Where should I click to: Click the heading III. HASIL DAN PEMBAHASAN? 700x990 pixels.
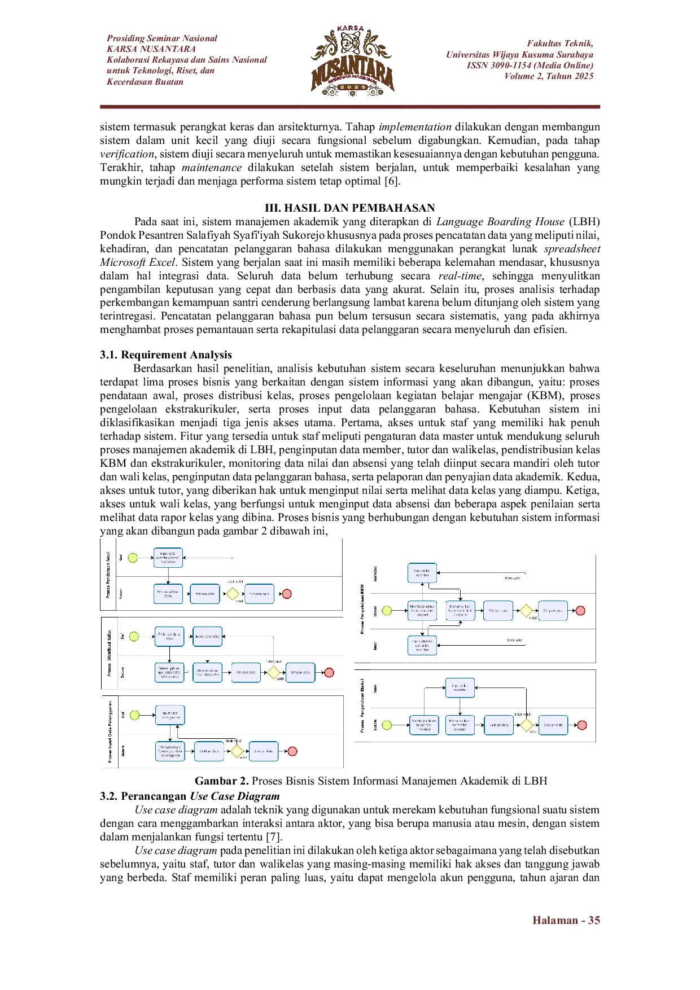click(x=350, y=208)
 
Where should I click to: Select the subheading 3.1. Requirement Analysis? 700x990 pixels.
click(x=166, y=354)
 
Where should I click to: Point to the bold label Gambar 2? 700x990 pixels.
click(x=222, y=781)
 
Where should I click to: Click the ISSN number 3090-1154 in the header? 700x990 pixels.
click(x=510, y=65)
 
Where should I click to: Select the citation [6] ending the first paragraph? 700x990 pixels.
click(x=392, y=181)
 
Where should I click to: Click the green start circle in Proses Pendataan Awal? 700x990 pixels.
click(x=133, y=558)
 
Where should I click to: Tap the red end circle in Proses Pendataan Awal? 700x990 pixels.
click(x=287, y=594)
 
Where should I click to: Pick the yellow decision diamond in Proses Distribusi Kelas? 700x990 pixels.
click(x=274, y=672)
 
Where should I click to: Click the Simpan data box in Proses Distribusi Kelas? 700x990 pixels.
click(x=300, y=672)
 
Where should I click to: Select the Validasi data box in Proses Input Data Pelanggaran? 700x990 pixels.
click(x=209, y=751)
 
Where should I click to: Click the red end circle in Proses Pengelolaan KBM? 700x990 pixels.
click(x=580, y=611)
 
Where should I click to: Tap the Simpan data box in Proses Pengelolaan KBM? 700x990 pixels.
click(x=553, y=611)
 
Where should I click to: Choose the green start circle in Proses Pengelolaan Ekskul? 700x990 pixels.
click(x=387, y=725)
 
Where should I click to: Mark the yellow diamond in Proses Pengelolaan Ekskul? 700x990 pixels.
click(x=527, y=725)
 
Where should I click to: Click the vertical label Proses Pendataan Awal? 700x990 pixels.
click(x=108, y=575)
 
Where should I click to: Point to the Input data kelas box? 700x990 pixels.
click(x=208, y=636)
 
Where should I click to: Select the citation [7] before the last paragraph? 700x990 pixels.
click(x=273, y=837)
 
